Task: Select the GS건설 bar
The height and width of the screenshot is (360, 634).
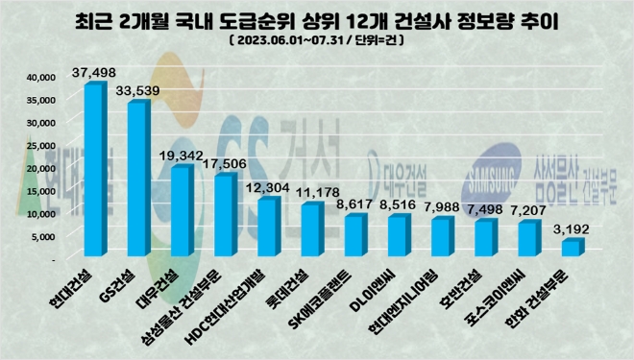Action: point(137,182)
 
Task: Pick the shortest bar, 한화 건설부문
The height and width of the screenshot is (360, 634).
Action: point(571,248)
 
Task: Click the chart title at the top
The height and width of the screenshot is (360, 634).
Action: point(317,20)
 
